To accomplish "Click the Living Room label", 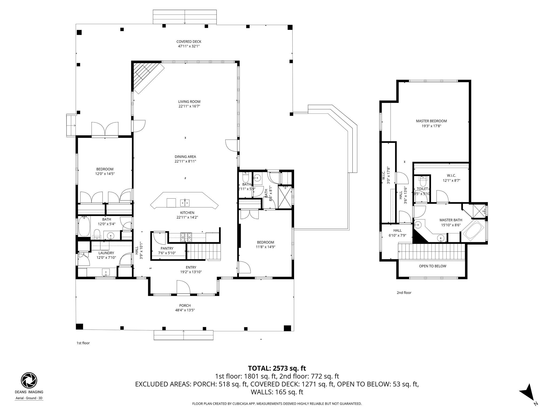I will coord(189,102).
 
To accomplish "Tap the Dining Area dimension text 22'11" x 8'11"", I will coord(185,161).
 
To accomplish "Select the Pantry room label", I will coord(167,248).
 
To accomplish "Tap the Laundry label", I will coord(106,253).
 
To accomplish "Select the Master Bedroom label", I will coord(431,121).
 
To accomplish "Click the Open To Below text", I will coord(432,266).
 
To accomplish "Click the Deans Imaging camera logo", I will coord(29,380).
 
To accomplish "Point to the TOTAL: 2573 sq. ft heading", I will coord(277,368).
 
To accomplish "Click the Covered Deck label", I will coord(189,42).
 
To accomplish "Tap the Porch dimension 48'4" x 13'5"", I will coord(185,310).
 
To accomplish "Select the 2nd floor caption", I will coord(404,293).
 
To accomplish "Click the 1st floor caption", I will coord(83,343).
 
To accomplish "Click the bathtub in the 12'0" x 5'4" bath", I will coord(84,227).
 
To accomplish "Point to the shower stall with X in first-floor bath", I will coord(285,196).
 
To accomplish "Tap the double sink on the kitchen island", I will coord(185,202).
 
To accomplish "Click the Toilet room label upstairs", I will coord(422,189).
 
